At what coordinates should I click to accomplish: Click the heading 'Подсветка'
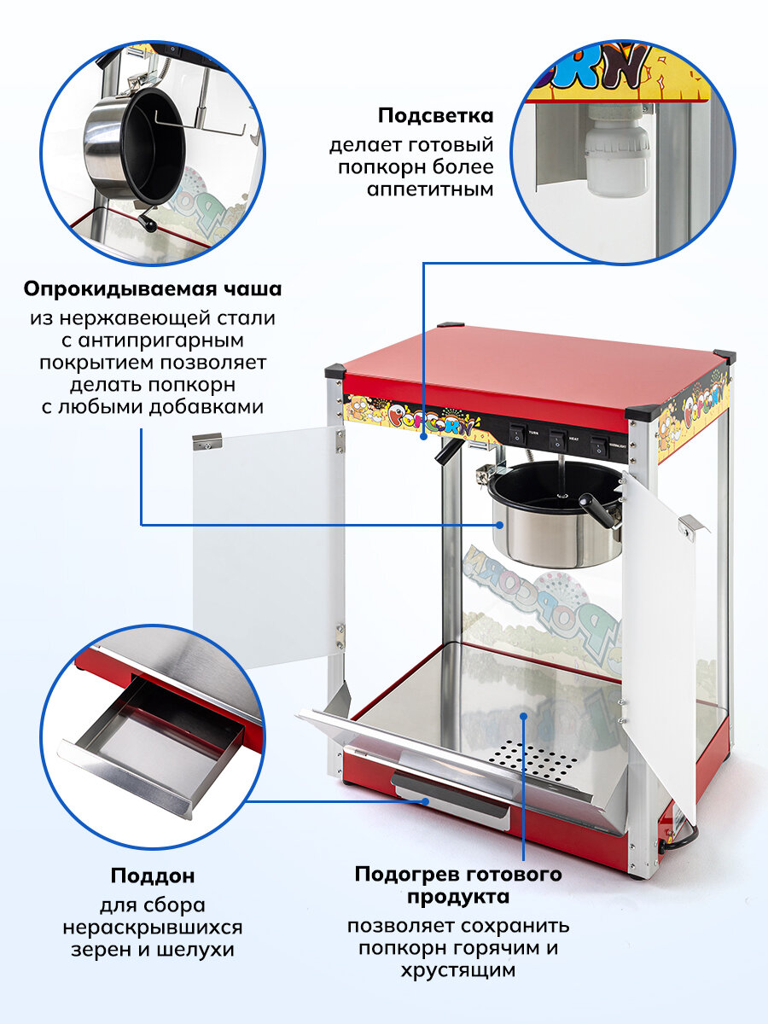436,115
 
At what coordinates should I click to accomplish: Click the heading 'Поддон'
153,876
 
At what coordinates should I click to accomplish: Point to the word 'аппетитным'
430,189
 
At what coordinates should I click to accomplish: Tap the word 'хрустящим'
457,970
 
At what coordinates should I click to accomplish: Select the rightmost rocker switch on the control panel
598,443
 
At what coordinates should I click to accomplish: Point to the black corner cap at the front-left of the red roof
335,372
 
